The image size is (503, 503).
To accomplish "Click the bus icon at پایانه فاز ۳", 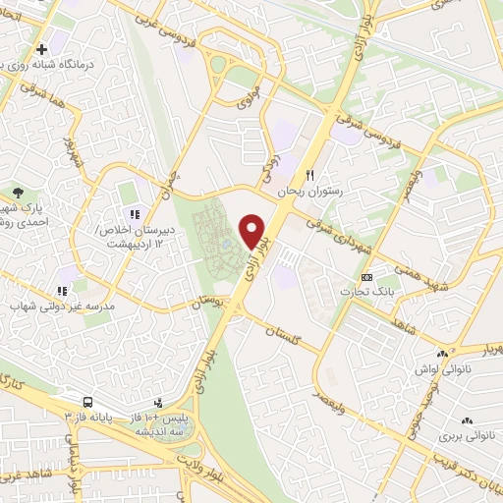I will [87, 402].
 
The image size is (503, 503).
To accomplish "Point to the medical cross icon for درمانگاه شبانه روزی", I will [39, 49].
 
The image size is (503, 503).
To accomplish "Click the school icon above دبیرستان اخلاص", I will [134, 213].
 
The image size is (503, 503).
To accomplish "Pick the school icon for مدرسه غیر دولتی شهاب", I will [61, 291].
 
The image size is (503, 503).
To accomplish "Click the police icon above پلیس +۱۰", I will [158, 402].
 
